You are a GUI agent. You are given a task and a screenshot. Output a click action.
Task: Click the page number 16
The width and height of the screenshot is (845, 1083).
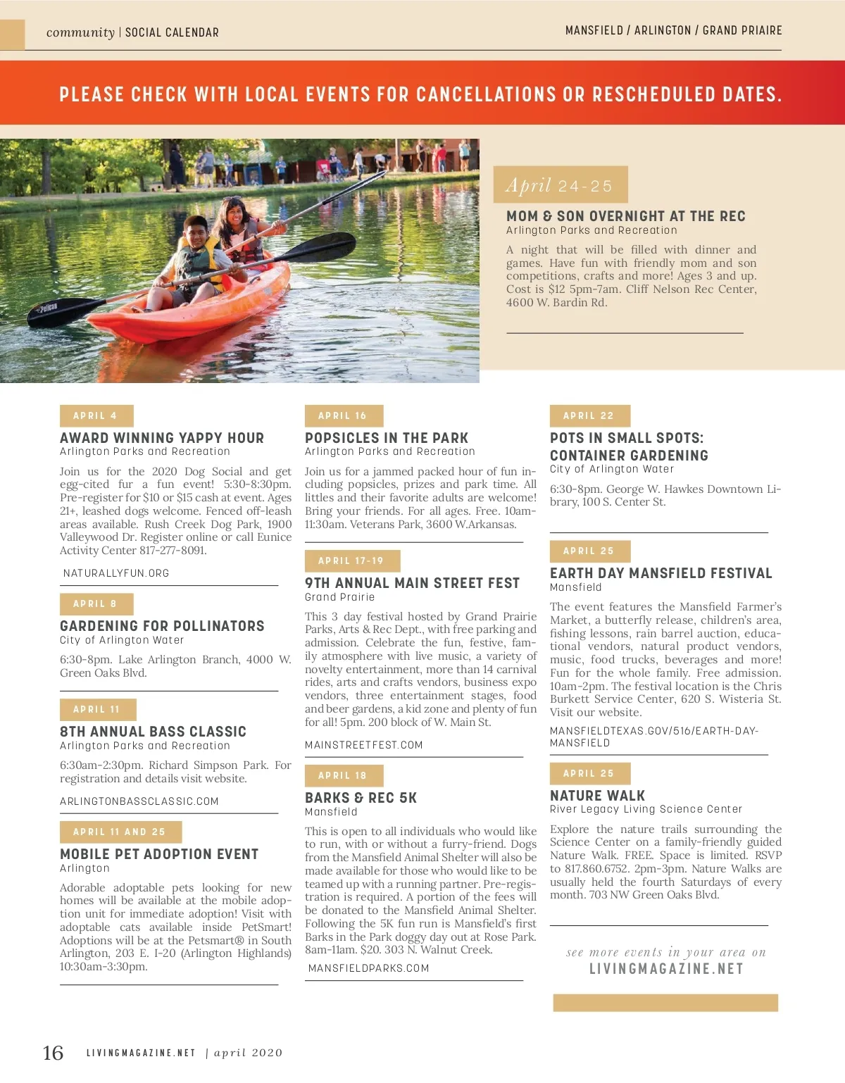[x=53, y=1053]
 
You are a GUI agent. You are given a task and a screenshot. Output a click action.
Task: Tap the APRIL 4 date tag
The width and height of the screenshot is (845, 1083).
[x=96, y=415]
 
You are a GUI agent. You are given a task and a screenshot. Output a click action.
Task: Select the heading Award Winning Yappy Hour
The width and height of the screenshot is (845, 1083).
[x=162, y=438]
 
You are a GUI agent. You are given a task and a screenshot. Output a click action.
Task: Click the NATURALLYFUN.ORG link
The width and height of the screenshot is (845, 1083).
[x=116, y=573]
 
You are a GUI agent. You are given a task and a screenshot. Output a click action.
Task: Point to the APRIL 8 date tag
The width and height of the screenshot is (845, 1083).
[x=96, y=603]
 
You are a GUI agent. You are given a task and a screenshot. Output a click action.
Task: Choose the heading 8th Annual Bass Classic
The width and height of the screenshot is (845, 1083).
[x=153, y=732]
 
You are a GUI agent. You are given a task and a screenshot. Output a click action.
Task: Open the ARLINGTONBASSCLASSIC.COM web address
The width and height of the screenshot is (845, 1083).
[x=139, y=801]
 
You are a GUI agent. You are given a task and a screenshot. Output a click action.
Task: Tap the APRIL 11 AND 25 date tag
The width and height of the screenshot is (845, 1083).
[x=120, y=832]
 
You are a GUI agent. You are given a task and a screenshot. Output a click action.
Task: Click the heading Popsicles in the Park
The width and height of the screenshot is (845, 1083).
[x=387, y=438]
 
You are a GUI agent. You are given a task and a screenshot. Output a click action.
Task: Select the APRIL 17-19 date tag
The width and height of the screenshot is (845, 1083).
[x=351, y=561]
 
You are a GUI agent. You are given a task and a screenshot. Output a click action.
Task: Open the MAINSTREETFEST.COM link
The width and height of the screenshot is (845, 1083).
[x=364, y=745]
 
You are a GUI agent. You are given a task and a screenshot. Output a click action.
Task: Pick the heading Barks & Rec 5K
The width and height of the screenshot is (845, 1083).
[x=361, y=798]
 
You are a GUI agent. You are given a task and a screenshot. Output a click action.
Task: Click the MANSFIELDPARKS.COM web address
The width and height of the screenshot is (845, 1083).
[x=368, y=968]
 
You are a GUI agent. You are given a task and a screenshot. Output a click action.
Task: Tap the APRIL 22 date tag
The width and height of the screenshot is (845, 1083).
[x=589, y=415]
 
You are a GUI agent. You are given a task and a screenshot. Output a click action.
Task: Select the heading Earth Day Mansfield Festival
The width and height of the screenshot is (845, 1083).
[x=661, y=573]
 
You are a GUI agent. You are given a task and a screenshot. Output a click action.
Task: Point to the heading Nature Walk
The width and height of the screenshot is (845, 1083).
[x=597, y=796]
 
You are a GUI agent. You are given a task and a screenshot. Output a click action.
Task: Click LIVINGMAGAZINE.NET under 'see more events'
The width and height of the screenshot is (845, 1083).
[x=666, y=969]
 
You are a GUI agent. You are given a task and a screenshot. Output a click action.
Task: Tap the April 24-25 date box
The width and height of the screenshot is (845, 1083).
[x=560, y=185]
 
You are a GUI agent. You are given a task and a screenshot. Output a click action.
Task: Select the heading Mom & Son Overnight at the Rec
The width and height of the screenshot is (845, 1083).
[x=625, y=216]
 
